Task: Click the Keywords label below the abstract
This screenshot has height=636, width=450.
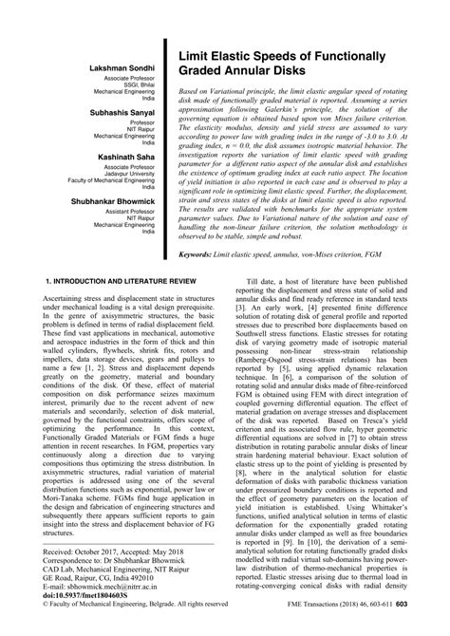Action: (204, 255)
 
